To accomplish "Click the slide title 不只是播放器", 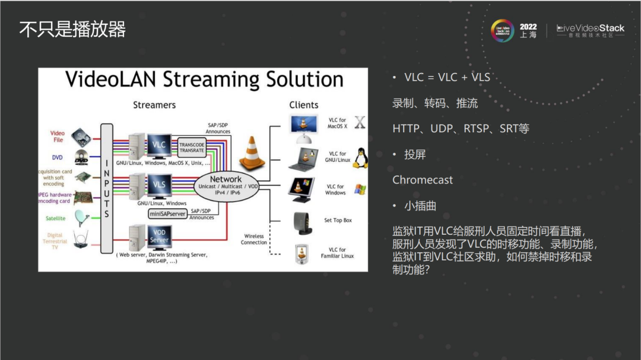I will (x=72, y=29).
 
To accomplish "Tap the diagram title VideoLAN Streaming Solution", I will (x=204, y=79).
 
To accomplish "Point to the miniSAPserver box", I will (x=167, y=214).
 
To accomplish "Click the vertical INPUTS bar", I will (x=107, y=188).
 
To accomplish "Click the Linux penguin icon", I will (x=360, y=158).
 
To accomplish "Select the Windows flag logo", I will (x=360, y=190).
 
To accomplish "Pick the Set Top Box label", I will (x=338, y=221).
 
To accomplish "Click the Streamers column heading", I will (x=154, y=105).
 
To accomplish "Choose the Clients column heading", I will (x=304, y=105).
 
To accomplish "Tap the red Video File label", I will (x=58, y=136).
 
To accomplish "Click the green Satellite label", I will (x=56, y=218).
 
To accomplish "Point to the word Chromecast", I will (x=423, y=180).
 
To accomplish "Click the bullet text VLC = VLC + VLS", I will (x=447, y=78).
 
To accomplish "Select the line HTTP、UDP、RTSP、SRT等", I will (x=461, y=128).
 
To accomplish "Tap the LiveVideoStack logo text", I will (x=591, y=28).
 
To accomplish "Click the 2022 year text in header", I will (x=528, y=27).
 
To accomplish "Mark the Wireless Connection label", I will (x=254, y=239).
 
